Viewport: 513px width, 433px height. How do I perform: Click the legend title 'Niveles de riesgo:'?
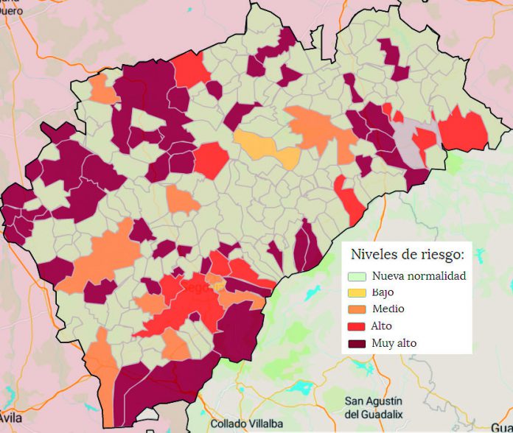407,255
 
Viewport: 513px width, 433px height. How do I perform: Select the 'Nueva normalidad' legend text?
419,276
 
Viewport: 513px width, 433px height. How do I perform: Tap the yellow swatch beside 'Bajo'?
357,293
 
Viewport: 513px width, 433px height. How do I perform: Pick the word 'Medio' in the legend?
388,309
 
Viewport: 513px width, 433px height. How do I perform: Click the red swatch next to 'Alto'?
357,325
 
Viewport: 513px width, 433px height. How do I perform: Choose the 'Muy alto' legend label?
394,342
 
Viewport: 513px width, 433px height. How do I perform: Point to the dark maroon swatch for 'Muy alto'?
357,342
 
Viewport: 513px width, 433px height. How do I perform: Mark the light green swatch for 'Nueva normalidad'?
357,277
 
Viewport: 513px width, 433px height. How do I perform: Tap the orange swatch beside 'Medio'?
357,309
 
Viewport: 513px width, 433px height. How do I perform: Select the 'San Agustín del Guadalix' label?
374,407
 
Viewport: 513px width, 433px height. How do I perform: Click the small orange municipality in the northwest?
102,90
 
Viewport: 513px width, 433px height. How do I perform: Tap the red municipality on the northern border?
190,70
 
